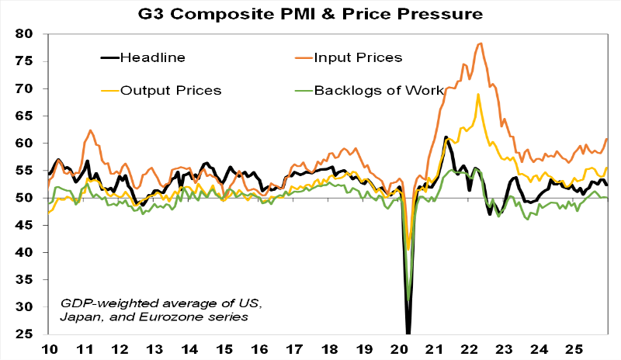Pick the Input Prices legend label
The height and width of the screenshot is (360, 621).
click(359, 57)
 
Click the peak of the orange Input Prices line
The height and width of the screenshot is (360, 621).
click(480, 43)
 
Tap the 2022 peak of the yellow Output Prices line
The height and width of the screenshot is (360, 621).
click(478, 95)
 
